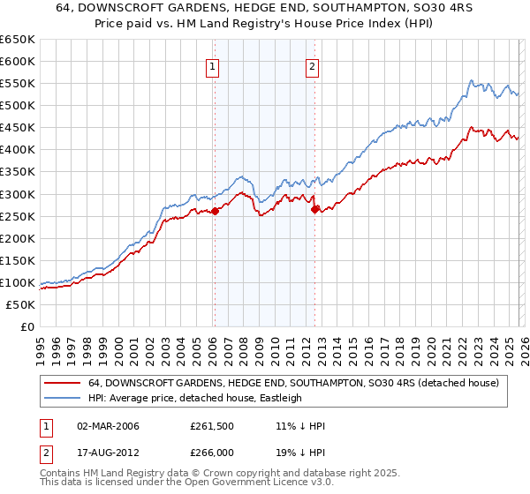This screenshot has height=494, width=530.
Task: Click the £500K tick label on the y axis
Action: pos(17,105)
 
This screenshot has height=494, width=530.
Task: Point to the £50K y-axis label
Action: pos(19,304)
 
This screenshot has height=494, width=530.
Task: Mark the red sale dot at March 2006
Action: pos(215,210)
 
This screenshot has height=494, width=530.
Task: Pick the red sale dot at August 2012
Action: pos(314,208)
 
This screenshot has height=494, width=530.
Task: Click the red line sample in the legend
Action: pos(61,383)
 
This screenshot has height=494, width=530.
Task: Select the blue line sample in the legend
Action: pos(61,398)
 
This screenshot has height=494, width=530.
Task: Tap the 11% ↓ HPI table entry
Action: pos(300,426)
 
